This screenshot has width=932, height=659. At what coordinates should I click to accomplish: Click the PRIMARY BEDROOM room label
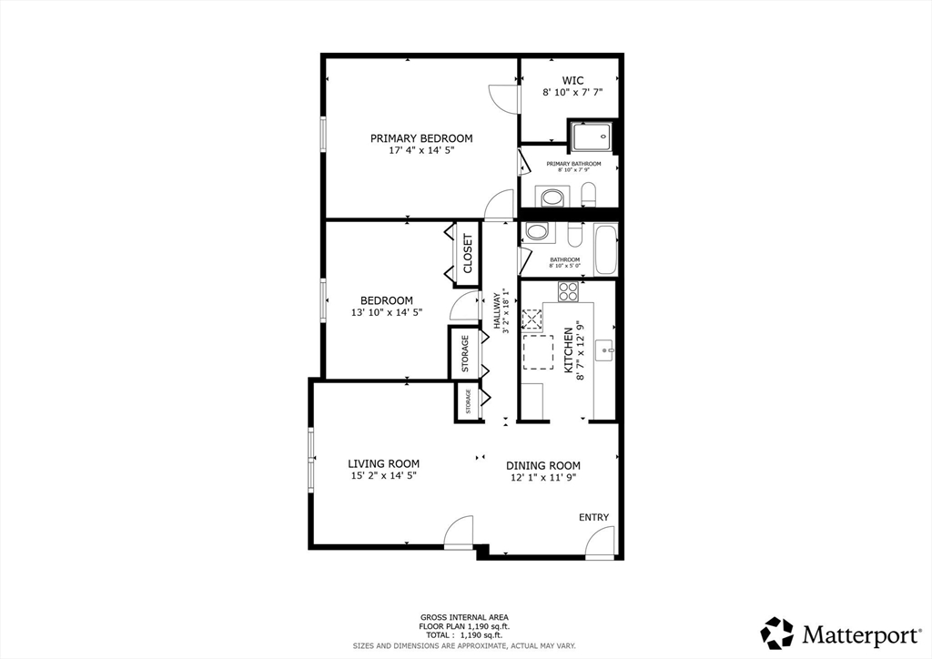pos(421,138)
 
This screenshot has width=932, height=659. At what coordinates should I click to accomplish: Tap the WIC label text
pos(572,80)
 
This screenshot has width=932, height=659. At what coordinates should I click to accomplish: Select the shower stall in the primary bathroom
pos(593,137)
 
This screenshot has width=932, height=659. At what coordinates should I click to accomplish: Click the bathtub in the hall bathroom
pos(605,249)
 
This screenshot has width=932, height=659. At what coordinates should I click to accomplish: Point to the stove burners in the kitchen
pos(568,291)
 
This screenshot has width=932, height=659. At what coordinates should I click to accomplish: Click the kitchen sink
pos(605,349)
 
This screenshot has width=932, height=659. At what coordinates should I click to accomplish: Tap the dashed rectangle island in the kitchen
pos(537,352)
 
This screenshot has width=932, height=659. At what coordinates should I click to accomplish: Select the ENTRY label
pos(593,517)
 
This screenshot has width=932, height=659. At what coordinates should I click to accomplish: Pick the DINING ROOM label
pos(542,465)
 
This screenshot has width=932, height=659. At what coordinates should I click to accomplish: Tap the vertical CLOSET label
pos(468,254)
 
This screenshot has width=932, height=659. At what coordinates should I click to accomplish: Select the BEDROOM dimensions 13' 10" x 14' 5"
pos(386,312)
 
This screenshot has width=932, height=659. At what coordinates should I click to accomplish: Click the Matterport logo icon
pos(776,633)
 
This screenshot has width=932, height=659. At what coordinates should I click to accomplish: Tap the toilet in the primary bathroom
pos(588,194)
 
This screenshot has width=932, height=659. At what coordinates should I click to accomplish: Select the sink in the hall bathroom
pos(537,232)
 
